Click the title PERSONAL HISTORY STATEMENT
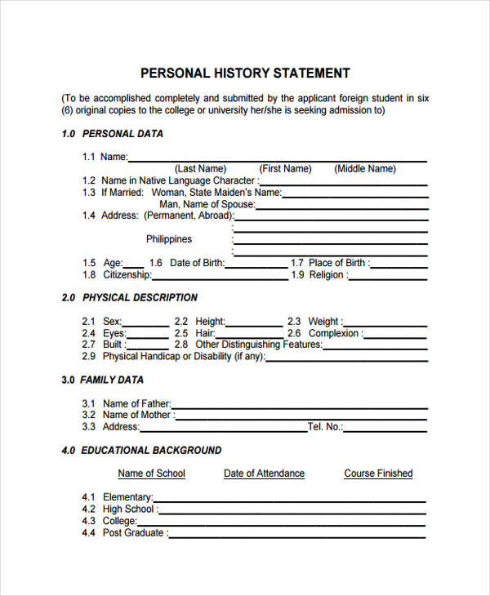tap(245, 73)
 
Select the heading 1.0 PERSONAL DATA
tap(113, 133)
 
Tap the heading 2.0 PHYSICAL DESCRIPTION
tap(130, 298)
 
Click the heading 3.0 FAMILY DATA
tap(103, 380)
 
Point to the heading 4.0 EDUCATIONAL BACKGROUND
tap(141, 450)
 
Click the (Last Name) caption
tap(201, 169)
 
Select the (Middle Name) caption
tap(364, 169)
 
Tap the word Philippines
tap(169, 239)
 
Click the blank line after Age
tap(134, 266)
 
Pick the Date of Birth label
tap(196, 263)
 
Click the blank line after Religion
tap(387, 278)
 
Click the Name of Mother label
tap(136, 415)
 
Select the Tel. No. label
tap(324, 427)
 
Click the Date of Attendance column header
tap(264, 474)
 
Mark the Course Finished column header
tap(378, 474)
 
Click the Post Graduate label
tap(134, 533)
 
